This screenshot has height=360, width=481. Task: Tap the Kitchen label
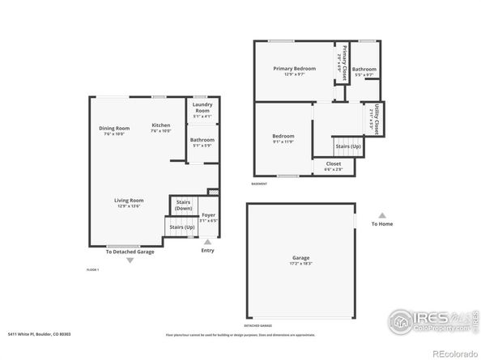161,125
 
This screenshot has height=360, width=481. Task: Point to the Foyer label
208,215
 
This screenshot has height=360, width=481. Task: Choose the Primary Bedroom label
292,69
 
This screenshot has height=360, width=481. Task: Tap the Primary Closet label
341,59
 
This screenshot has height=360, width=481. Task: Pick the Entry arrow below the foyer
208,241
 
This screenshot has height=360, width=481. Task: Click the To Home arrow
381,215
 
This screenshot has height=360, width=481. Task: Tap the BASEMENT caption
259,184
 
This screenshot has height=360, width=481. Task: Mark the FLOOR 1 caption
92,269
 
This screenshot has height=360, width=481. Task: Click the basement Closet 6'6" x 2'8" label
333,165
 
